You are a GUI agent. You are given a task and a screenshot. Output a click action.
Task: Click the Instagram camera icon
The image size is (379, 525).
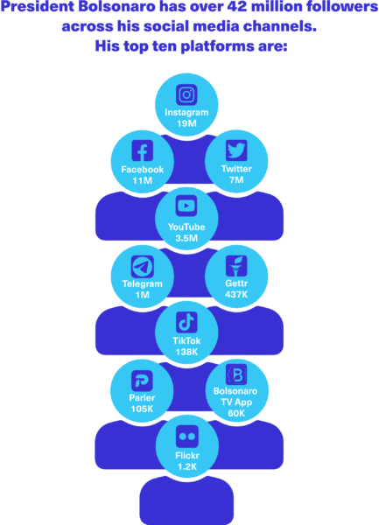[186, 94]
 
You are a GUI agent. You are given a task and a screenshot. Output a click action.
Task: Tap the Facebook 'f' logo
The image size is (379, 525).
[143, 150]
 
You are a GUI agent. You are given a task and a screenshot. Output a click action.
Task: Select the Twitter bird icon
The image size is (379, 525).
[236, 150]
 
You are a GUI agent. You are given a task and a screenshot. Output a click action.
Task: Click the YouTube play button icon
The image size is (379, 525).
[186, 206]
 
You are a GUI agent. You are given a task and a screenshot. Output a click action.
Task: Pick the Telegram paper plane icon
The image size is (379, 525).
[143, 267]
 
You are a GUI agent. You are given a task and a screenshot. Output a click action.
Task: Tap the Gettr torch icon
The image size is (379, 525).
[236, 266]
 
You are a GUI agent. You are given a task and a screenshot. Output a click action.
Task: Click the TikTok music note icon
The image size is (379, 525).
[186, 322]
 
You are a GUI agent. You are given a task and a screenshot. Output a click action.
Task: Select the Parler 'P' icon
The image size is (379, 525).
[142, 381]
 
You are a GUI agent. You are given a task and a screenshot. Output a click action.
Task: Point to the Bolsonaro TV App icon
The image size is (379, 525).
[236, 374]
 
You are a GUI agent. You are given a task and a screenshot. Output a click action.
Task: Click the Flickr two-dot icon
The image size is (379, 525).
[187, 437]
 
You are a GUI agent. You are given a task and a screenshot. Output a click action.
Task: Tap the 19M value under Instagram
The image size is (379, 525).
[186, 123]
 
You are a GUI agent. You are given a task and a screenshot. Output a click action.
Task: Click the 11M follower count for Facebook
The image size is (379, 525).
[143, 181]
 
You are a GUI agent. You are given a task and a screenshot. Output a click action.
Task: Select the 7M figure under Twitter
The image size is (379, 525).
[236, 180]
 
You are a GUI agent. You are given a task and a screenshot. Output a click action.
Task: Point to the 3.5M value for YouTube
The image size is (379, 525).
[186, 238]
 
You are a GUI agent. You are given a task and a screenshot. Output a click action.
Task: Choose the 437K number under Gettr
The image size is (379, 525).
[236, 295]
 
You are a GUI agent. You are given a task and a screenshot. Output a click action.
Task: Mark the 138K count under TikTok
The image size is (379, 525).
[186, 352]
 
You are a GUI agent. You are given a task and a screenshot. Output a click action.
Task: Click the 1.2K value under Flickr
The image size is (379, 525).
[187, 466]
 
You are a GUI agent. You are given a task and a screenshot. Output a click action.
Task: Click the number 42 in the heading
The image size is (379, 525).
[236, 7]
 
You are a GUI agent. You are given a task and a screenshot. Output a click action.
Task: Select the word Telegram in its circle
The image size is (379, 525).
[143, 283]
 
